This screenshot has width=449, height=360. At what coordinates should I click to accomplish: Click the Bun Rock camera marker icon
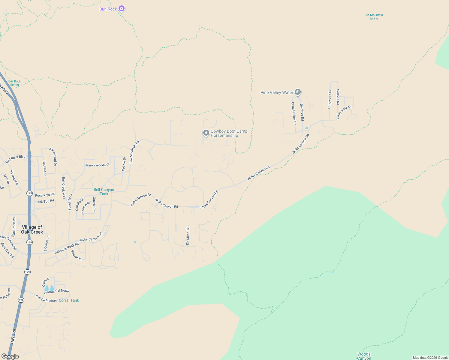click(121, 8)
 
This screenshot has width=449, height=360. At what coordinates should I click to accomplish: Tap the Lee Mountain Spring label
click(373, 16)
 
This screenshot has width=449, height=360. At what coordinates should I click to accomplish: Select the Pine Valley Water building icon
click(297, 92)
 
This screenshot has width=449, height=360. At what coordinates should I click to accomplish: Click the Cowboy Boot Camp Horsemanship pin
click(206, 133)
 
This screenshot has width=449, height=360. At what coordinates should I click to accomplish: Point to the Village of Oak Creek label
click(32, 229)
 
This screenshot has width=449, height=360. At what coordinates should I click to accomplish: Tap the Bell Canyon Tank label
click(104, 192)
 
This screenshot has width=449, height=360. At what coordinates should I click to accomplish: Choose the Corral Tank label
click(69, 300)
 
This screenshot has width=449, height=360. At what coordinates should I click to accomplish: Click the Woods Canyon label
click(364, 356)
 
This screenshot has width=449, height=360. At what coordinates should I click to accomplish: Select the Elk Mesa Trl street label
click(188, 236)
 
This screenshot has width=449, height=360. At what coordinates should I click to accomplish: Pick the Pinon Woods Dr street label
click(98, 165)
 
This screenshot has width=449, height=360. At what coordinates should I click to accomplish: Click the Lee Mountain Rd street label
click(134, 152)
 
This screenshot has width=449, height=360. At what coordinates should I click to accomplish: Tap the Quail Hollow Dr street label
click(294, 113)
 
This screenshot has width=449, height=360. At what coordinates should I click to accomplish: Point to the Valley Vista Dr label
click(344, 112)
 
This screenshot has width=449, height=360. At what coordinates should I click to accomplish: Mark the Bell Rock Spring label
click(14, 83)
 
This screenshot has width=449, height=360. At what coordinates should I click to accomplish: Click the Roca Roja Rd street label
click(45, 195)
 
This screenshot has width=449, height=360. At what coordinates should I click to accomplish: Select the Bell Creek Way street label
click(64, 188)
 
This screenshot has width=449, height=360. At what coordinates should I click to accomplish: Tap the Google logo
click(10, 356)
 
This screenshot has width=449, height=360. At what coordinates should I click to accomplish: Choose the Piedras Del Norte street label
click(56, 291)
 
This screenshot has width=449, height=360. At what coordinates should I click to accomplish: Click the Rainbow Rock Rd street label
click(67, 248)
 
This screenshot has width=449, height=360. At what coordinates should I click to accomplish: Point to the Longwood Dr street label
click(330, 99)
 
